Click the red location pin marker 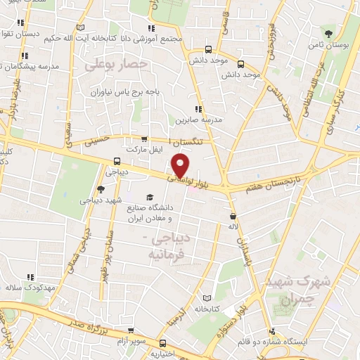181,165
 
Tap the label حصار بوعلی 117,65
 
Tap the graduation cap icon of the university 148,198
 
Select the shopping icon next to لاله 233,217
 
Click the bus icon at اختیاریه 163,344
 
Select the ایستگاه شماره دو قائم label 310,341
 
